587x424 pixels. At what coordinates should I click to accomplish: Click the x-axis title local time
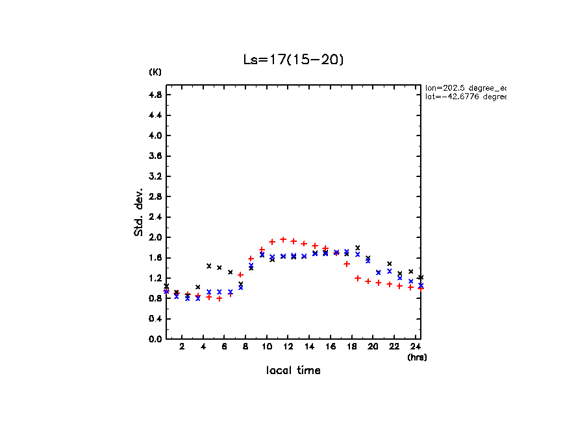pos(293,371)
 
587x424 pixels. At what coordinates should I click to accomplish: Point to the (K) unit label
pos(155,72)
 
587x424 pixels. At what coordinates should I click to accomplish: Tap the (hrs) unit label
pos(417,357)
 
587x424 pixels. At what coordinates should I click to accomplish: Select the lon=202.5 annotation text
pos(465,88)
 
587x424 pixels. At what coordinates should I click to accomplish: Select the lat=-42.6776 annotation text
pos(465,97)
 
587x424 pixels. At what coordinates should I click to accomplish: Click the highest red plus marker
pos(283,239)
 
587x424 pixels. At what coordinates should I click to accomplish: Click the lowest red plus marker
pos(219,298)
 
